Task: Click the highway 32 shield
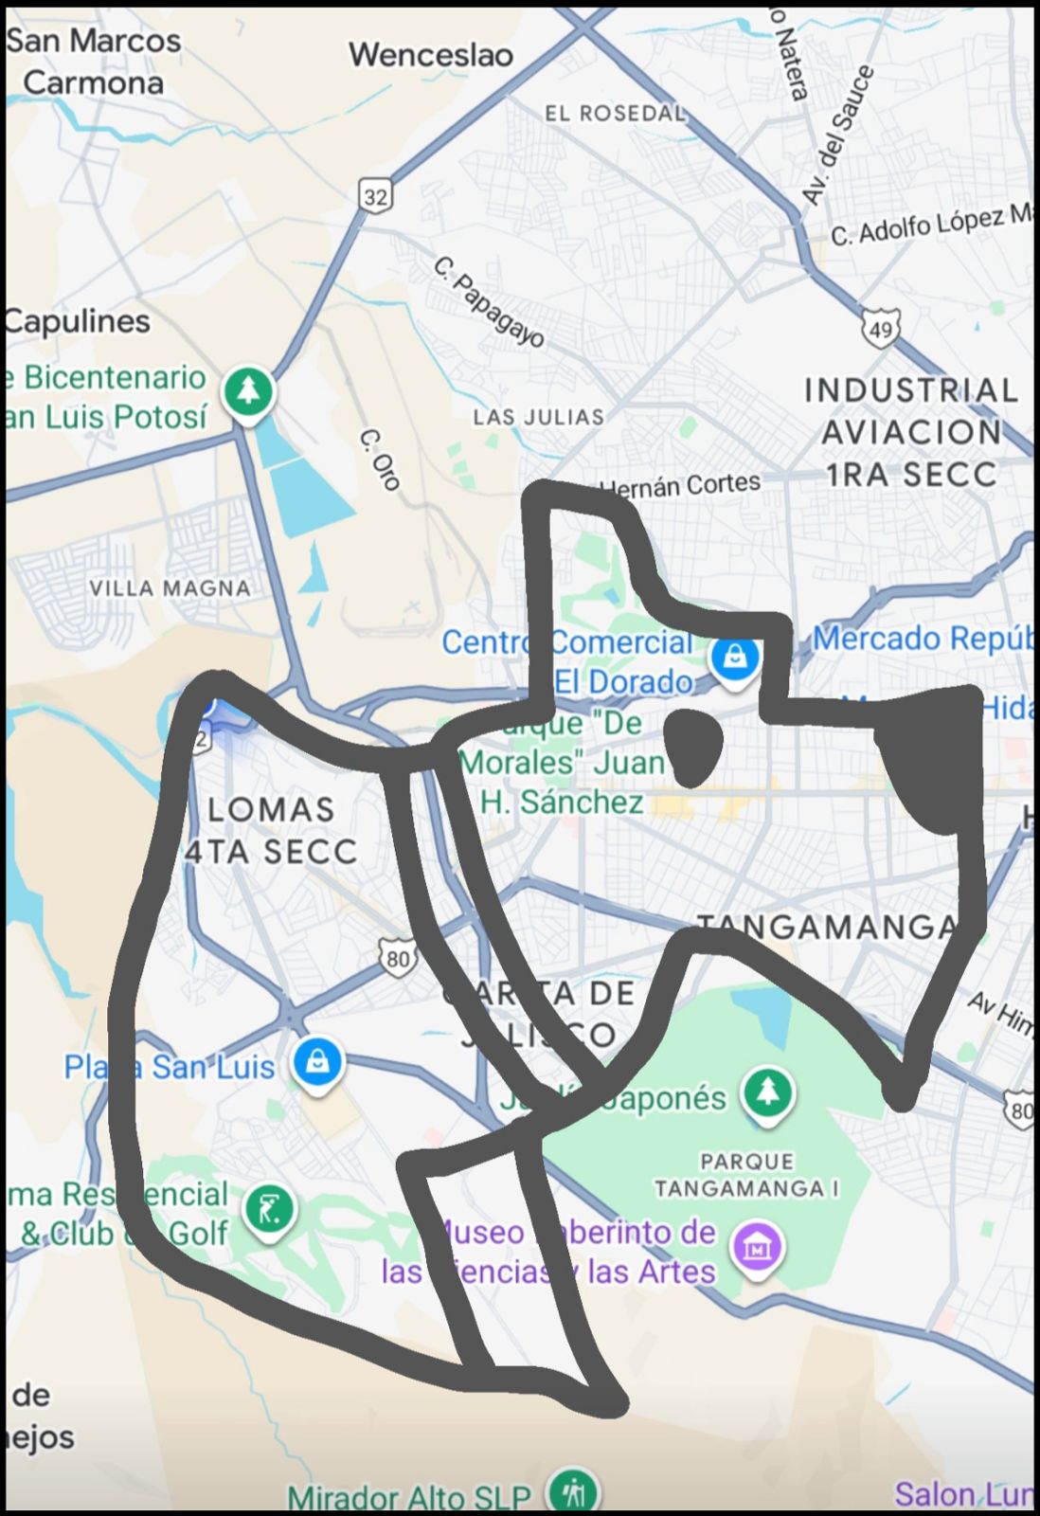coord(376,196)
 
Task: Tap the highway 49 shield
coord(880,329)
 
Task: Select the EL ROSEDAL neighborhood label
coord(615,114)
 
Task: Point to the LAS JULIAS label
coord(538,417)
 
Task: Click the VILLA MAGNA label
coord(170,588)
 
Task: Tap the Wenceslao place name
coord(431,55)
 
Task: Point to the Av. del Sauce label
coord(837,135)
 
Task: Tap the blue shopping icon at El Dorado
coord(734,657)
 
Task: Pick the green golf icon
coord(269,1210)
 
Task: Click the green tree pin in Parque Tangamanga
coord(768,1092)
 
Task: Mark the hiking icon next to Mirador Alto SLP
coord(574,1491)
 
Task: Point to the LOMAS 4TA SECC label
coord(271,831)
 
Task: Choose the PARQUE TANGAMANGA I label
coord(747,1175)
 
